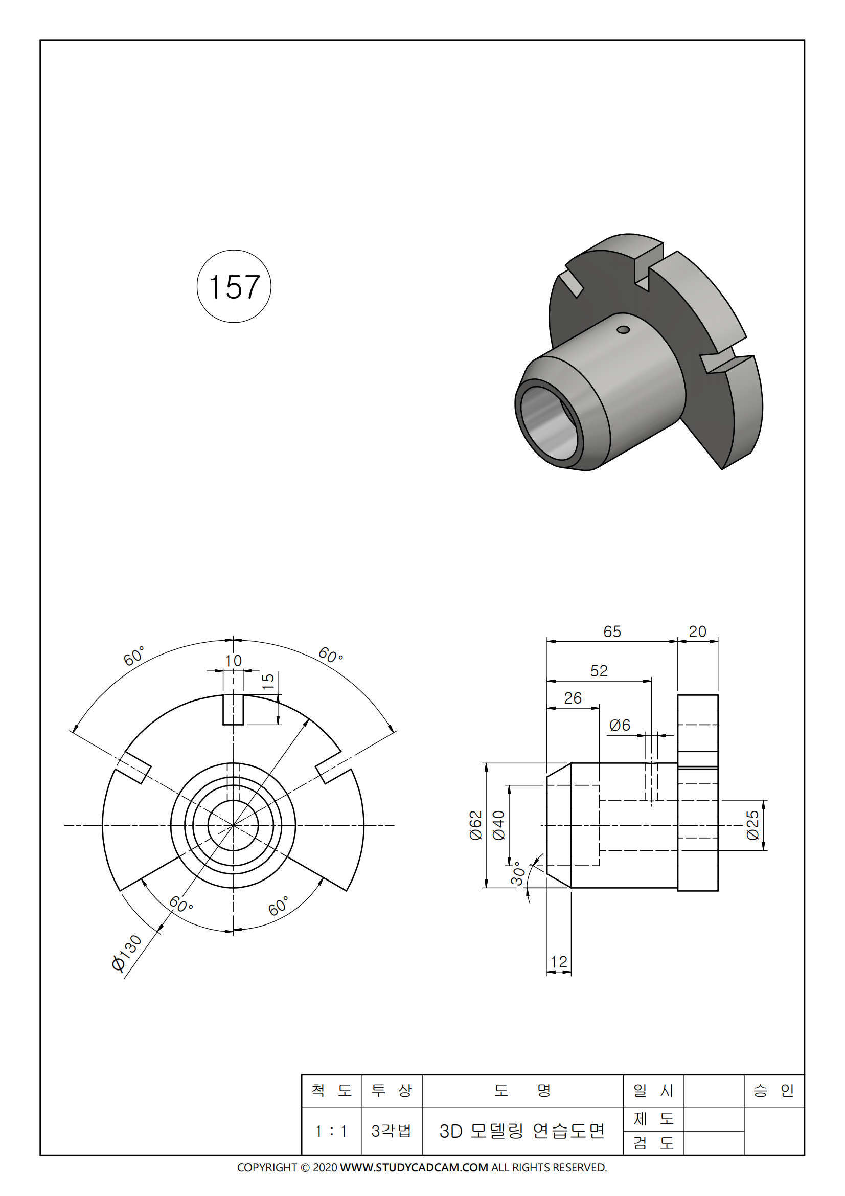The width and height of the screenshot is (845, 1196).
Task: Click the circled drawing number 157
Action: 234,286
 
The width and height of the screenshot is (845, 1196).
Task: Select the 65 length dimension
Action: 612,631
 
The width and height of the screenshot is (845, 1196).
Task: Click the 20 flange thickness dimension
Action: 697,631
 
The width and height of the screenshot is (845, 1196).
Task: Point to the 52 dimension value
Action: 599,670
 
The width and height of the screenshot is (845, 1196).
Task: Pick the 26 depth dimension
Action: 573,698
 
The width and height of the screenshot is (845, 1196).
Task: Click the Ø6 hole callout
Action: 620,725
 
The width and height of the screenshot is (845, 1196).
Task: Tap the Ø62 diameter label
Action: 476,825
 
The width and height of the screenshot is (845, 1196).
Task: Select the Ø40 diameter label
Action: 499,825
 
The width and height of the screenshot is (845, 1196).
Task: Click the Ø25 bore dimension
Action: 753,825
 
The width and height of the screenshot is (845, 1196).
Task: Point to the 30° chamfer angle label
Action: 517,873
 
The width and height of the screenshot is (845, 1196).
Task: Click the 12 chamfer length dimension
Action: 559,962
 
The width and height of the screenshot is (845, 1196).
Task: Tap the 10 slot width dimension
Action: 233,661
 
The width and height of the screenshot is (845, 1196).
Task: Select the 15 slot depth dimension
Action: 268,681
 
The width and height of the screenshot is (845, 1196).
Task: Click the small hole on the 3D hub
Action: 623,330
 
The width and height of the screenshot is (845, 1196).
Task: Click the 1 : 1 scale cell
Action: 331,1131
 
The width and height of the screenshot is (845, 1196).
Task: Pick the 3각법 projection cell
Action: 392,1131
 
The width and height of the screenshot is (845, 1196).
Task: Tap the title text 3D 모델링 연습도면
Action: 522,1131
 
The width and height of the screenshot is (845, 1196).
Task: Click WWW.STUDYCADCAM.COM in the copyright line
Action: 414,1167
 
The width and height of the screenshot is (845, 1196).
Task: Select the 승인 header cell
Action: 773,1090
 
